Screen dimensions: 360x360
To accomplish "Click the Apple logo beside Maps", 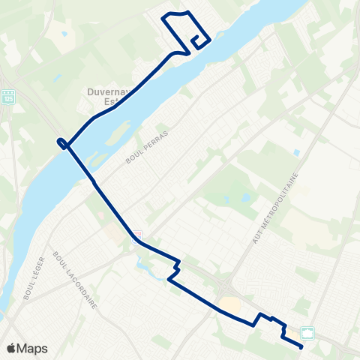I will click(11, 348).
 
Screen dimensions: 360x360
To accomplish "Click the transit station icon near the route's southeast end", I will click(307, 332).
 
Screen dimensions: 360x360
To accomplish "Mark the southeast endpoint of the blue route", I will click(301, 346).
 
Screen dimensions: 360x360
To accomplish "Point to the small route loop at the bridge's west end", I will click(61, 143).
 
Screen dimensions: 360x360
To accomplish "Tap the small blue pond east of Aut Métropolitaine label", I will click(297, 152).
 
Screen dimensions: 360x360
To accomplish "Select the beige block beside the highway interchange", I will click(229, 304).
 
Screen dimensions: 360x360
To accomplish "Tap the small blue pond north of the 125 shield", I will click(64, 34).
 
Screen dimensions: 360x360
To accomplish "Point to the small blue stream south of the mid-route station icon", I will click(143, 262).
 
